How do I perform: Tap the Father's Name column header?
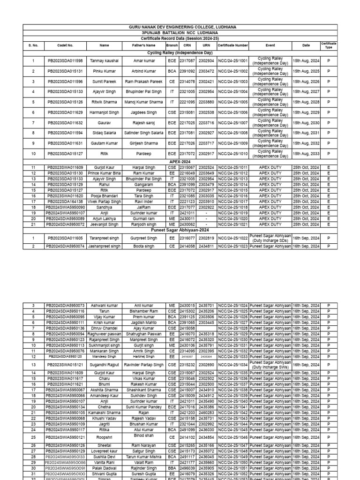[144, 45]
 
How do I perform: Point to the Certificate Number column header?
[232, 45]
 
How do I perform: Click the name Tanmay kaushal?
[105, 61]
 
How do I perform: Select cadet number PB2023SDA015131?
[65, 71]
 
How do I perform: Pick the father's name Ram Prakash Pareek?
[144, 82]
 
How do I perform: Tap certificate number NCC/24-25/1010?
[232, 153]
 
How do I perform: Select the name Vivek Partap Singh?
[105, 201]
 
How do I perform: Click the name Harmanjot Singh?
[105, 112]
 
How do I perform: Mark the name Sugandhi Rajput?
[105, 364]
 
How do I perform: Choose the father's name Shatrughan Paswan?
[144, 334]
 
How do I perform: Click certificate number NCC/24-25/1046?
[232, 437]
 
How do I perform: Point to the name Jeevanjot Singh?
[105, 225]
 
